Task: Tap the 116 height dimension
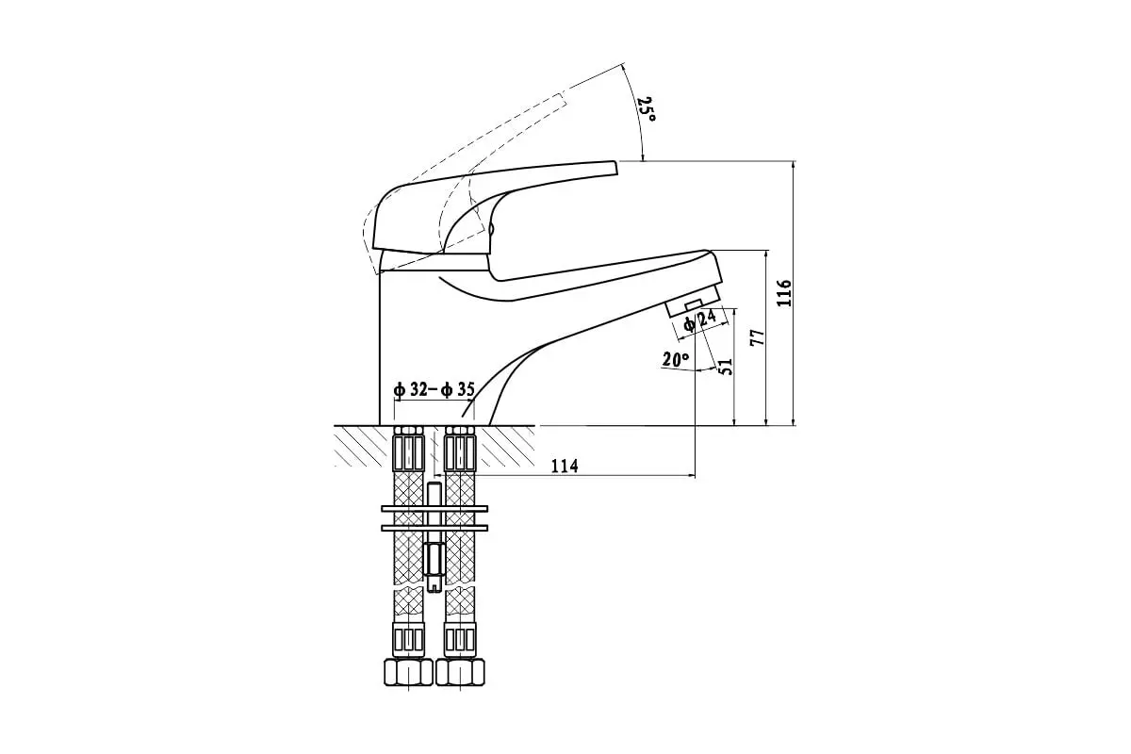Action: (x=784, y=292)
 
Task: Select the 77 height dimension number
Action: (x=758, y=337)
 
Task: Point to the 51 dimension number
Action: (x=726, y=366)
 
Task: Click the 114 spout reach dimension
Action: (x=564, y=466)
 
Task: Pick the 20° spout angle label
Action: (x=675, y=360)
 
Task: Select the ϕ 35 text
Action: (x=458, y=389)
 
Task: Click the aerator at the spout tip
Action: (x=695, y=300)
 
